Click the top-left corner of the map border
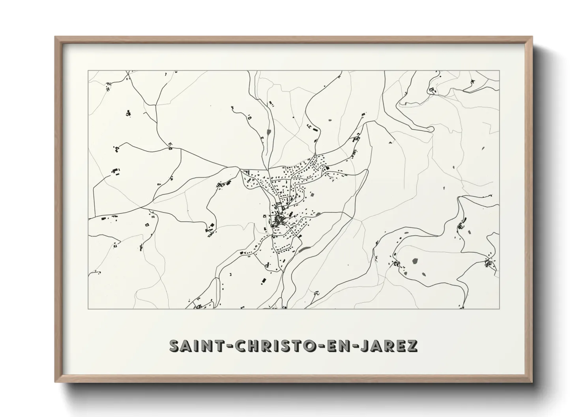coord(88,71)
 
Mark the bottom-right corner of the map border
coord(500,309)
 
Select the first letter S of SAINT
coord(174,346)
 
